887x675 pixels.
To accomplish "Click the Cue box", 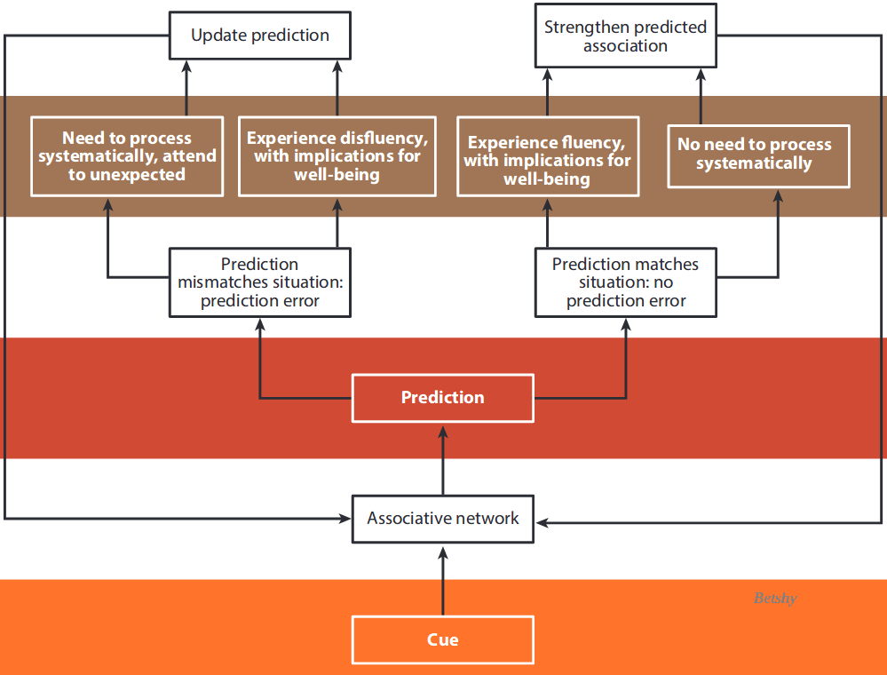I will click(442, 639).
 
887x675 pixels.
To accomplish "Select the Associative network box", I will click(442, 519).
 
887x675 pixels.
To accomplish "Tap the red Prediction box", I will click(442, 397).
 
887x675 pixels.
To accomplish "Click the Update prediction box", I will click(260, 36).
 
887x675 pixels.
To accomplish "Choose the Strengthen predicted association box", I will click(625, 36).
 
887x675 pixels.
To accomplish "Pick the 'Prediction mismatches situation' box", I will click(260, 282).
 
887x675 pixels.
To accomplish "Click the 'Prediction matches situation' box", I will click(625, 282).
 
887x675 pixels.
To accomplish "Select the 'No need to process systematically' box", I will click(758, 154).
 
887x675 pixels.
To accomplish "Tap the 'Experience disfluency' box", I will click(337, 156).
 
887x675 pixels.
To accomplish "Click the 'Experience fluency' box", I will click(547, 161).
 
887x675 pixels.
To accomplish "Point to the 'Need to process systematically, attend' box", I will click(127, 156).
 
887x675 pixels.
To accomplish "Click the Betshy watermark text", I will click(775, 599).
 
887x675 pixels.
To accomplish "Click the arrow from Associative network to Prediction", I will click(442, 458).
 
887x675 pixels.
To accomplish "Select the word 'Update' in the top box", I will click(218, 36).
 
